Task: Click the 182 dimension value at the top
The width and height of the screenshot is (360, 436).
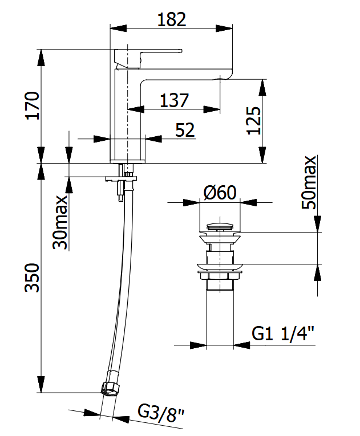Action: [x=172, y=19]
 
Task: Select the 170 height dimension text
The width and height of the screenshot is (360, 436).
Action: [x=33, y=105]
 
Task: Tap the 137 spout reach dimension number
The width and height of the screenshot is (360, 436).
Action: [x=174, y=100]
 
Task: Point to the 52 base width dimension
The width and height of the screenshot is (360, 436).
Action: [x=185, y=129]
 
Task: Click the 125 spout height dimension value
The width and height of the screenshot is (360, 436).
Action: [x=254, y=121]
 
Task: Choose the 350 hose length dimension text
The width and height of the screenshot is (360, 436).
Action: [x=32, y=278]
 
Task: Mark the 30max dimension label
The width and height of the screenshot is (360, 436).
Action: [x=60, y=222]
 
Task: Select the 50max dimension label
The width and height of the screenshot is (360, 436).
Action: [x=309, y=182]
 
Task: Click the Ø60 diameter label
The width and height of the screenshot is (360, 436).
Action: [x=220, y=193]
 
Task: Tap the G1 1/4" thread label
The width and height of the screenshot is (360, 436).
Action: [x=283, y=333]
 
